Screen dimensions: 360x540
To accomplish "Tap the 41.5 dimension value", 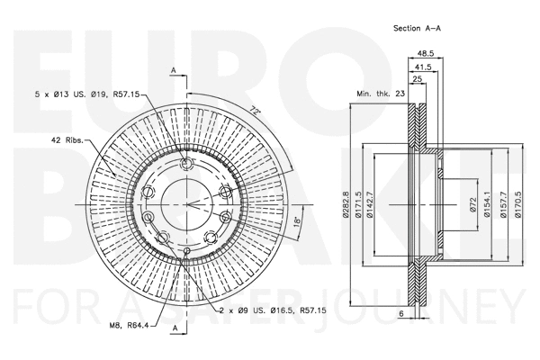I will (x=423, y=68).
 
